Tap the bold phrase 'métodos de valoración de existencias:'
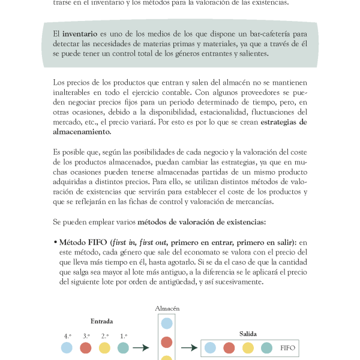(x=201, y=223)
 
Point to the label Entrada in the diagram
(x=101, y=320)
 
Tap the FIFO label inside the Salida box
(x=288, y=347)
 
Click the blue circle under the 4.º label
(x=67, y=347)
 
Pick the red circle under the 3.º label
(x=86, y=347)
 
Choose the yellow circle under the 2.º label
(x=104, y=347)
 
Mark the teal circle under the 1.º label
(x=123, y=347)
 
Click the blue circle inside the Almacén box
(x=167, y=323)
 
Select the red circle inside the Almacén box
(x=167, y=342)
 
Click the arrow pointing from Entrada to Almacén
(x=140, y=347)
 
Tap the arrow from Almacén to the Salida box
(x=190, y=347)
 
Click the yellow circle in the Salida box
(x=248, y=347)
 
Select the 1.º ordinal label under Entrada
(x=124, y=336)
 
